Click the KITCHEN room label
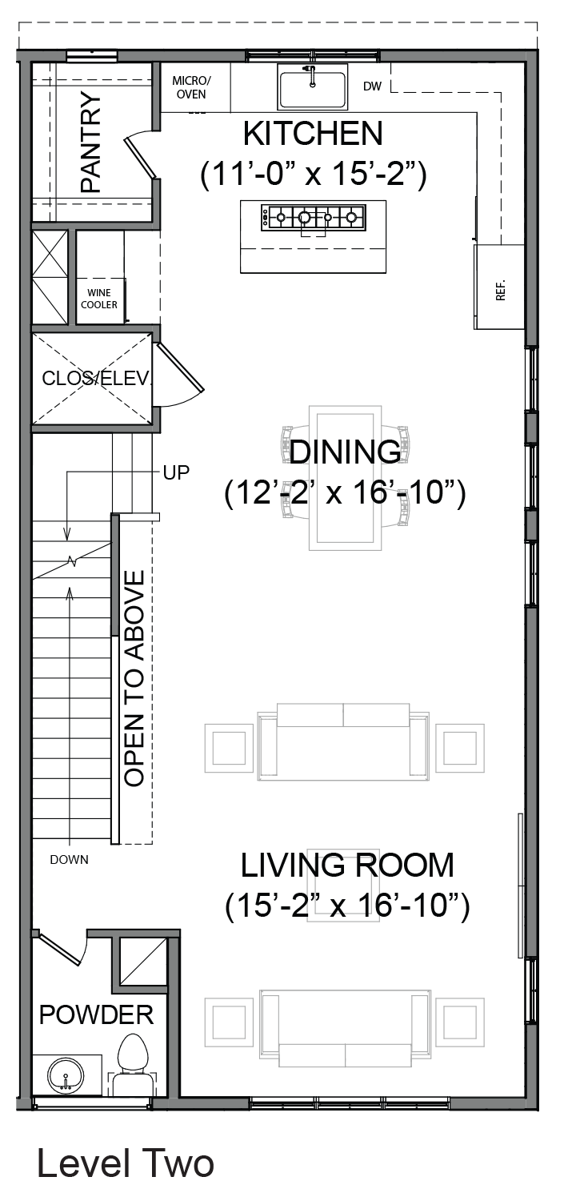[313, 134]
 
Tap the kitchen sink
[312, 86]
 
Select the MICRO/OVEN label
[191, 87]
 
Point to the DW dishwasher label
[372, 86]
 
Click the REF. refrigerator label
[501, 290]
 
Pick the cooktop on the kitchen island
[314, 218]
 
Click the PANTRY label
[90, 142]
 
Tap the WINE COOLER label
[99, 299]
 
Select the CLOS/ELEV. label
[97, 379]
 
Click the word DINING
[345, 452]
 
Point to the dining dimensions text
[345, 492]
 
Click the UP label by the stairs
[176, 472]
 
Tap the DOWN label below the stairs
[69, 859]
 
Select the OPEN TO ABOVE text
[134, 678]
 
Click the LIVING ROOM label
[347, 866]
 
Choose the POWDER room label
[97, 1015]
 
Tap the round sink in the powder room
[66, 1078]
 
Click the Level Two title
[126, 1163]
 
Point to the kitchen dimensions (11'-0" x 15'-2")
[313, 174]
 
